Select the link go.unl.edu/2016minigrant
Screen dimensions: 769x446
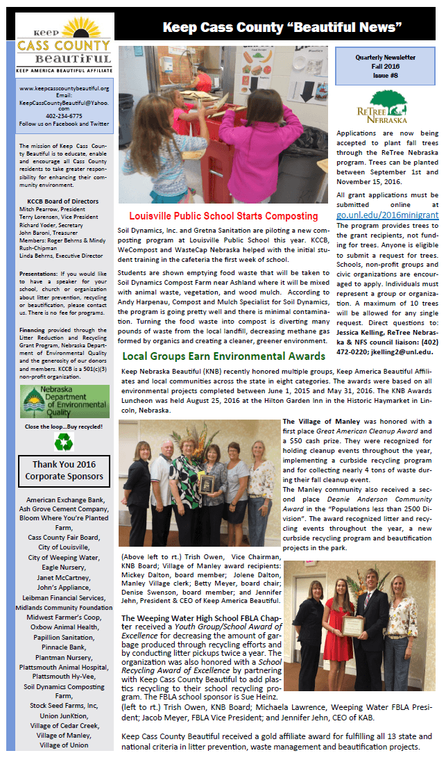pyautogui.click(x=387, y=215)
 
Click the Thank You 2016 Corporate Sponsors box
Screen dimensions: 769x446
pyautogui.click(x=64, y=470)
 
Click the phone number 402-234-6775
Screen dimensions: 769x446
pyautogui.click(x=64, y=116)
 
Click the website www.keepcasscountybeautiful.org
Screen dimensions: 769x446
pyautogui.click(x=64, y=88)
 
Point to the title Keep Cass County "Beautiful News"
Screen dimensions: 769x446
pyautogui.click(x=282, y=27)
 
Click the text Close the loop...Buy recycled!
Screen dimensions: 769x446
pyautogui.click(x=64, y=426)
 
